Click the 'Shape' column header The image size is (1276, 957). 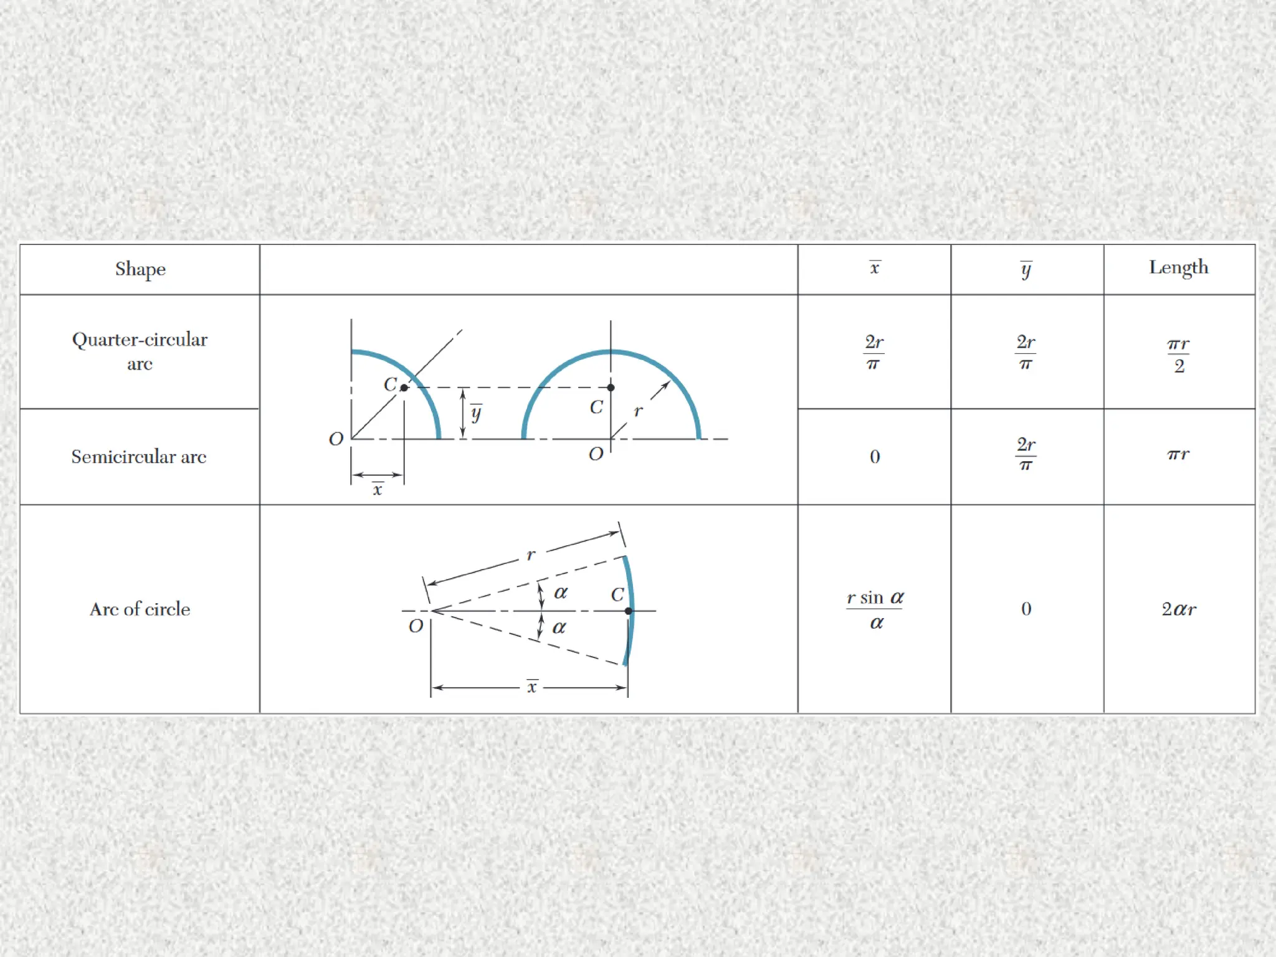(x=140, y=269)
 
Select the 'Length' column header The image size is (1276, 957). (x=1179, y=267)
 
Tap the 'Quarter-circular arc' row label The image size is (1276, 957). (x=140, y=351)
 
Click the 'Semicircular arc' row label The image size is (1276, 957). (x=139, y=457)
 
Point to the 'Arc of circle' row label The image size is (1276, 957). (x=140, y=609)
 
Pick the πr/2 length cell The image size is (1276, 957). (x=1178, y=355)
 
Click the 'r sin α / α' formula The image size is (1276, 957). (x=875, y=609)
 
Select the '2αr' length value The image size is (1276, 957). (x=1179, y=609)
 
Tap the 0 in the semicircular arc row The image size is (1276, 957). (x=875, y=457)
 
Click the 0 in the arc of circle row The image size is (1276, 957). (x=1026, y=609)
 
